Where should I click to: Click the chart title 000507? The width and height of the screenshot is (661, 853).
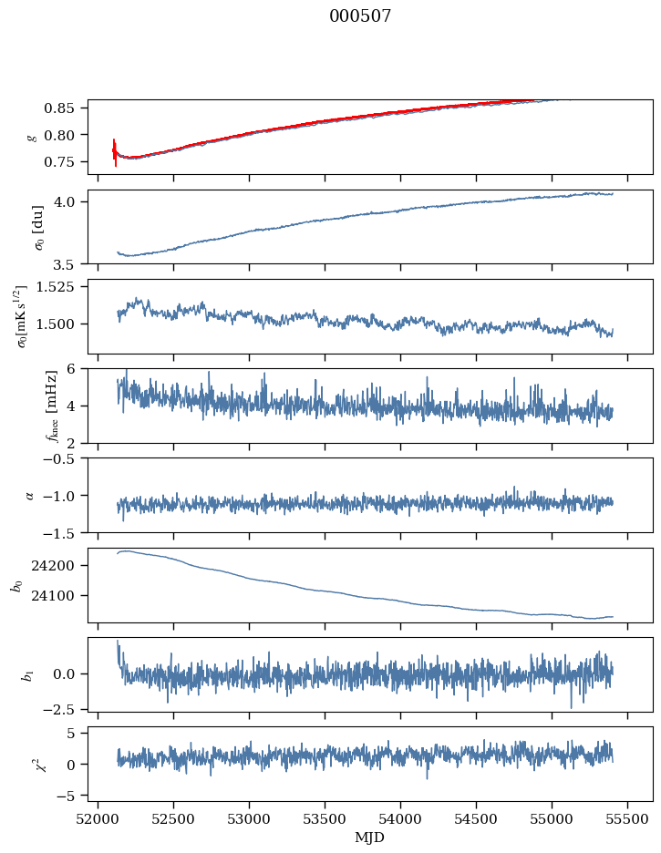point(360,16)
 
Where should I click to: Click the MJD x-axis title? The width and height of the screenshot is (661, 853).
point(369,838)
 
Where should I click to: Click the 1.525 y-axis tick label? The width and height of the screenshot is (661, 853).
point(60,287)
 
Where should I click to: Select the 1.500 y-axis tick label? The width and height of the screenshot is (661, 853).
point(60,324)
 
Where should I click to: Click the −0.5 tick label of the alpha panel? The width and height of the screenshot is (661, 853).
point(66,458)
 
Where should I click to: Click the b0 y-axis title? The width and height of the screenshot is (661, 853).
point(15,585)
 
